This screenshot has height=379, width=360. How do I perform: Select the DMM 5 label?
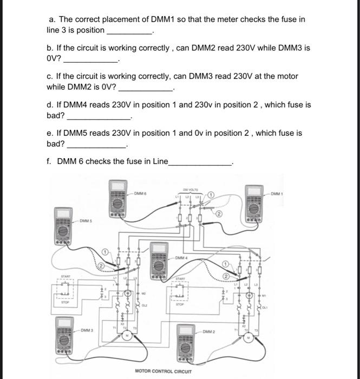87,221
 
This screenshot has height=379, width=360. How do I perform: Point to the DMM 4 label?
182,258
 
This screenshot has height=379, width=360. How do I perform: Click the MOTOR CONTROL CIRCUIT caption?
163,371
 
